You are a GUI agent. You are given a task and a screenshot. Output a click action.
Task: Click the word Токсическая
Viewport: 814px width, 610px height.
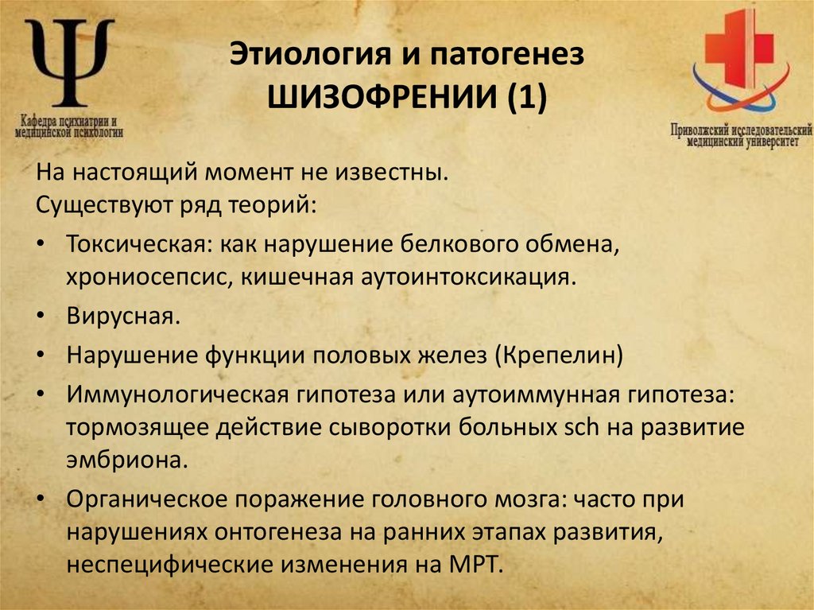136,244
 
